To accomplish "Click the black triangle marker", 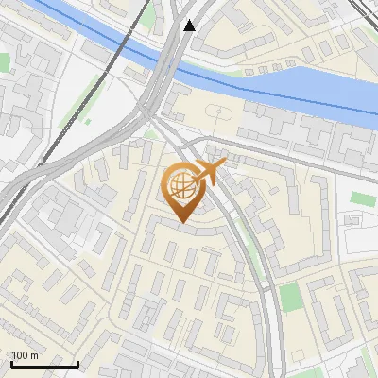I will (190, 26).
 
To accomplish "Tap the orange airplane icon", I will (208, 173).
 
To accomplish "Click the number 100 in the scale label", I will (20, 355).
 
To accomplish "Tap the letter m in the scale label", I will (34, 355).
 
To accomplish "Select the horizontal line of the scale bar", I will (44, 363).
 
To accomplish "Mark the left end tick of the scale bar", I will (11, 362).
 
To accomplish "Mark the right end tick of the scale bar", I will (77, 362).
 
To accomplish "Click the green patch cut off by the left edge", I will (4, 62).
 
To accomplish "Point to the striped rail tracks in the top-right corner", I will (365, 11).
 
